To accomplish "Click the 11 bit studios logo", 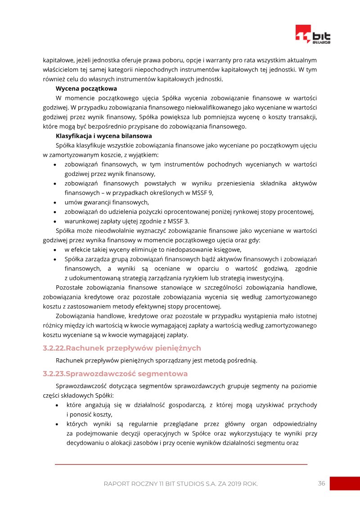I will click(x=313, y=35).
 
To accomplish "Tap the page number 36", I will click(x=321, y=483).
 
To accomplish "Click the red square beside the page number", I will click(x=345, y=483).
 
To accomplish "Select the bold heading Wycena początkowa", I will click(x=86, y=88).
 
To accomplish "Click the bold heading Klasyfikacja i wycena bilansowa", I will click(x=103, y=135).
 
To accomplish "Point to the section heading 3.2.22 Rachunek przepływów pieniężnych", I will click(x=122, y=348).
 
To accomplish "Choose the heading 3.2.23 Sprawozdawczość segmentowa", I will click(x=115, y=374).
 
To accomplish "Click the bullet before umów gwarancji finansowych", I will click(x=55, y=203).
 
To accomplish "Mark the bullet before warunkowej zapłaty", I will click(x=55, y=221).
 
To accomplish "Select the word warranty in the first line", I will click(x=204, y=60).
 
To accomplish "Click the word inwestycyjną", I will click(x=264, y=278).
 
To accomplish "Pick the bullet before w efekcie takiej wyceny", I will click(x=55, y=250).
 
